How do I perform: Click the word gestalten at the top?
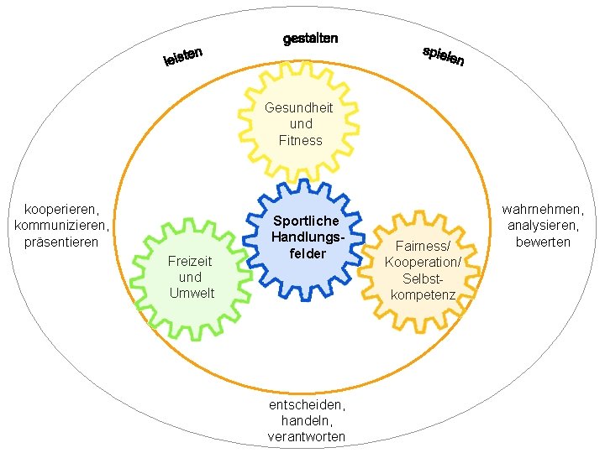(x=310, y=39)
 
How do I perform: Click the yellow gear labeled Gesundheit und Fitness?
(x=299, y=123)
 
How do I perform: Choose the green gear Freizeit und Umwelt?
(x=191, y=277)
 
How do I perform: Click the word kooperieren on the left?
(x=62, y=208)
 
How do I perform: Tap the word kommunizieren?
(x=62, y=225)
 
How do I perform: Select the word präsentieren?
(x=62, y=242)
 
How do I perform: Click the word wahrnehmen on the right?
(x=543, y=208)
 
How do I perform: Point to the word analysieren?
(x=543, y=225)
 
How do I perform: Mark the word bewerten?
(x=543, y=242)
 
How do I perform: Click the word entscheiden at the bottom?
(x=306, y=404)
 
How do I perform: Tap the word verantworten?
(x=306, y=437)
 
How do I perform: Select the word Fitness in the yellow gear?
(x=300, y=140)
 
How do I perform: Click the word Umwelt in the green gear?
(x=192, y=293)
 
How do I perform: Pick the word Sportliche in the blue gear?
(x=306, y=221)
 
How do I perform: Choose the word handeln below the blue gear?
(x=306, y=420)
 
